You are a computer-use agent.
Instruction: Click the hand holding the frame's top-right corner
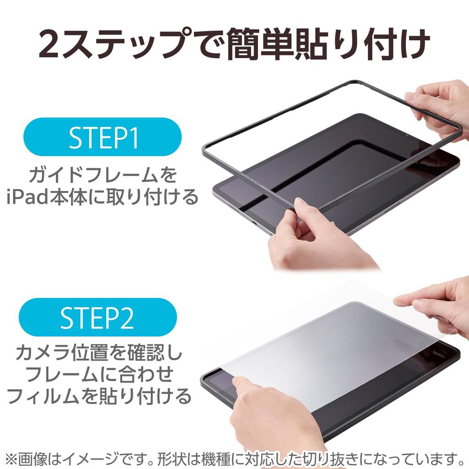pos(440,108)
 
